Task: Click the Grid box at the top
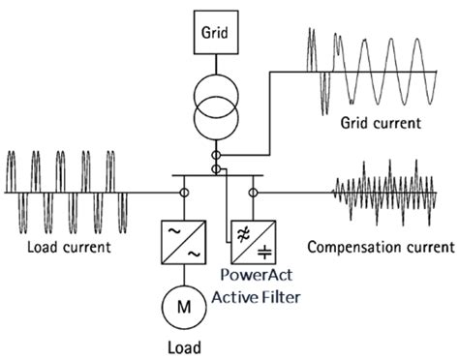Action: tap(216, 32)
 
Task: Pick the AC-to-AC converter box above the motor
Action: tap(183, 242)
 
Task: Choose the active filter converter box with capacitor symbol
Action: tap(254, 242)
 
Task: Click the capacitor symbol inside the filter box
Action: tap(264, 253)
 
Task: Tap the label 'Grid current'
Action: tap(381, 123)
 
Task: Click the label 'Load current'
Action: tap(69, 248)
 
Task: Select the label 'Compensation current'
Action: tap(381, 248)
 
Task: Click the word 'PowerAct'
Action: tap(257, 275)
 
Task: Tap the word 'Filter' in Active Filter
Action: tap(281, 297)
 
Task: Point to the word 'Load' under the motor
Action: tap(184, 348)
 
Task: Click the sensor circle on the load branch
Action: tap(184, 193)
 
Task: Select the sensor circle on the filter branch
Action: tap(253, 193)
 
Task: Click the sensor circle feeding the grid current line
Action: tap(216, 156)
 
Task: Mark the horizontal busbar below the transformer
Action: tap(218, 176)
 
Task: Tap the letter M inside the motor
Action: tap(184, 307)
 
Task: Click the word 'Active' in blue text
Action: tap(235, 297)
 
